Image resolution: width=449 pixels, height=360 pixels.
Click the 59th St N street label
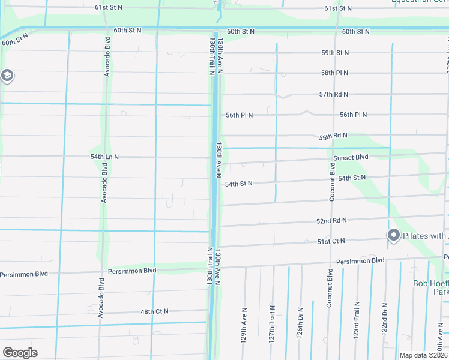coord(335,53)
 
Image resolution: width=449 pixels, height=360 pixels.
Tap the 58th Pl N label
coord(335,73)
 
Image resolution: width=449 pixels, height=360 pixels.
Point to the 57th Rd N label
coord(333,95)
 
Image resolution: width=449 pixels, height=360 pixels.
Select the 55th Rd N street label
coord(333,136)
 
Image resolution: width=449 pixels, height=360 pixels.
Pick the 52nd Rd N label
coord(331,221)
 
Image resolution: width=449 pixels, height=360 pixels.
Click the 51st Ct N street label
coord(331,241)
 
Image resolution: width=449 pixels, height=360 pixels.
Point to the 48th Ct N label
coord(154,311)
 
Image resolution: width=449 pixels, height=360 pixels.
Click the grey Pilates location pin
coord(394,235)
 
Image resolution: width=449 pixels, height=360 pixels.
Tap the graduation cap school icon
coord(7,76)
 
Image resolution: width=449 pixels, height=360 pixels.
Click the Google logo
coord(20,353)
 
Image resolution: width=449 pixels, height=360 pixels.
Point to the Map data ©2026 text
coord(423,355)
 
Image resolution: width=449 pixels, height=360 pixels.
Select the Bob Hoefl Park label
coord(430,287)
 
